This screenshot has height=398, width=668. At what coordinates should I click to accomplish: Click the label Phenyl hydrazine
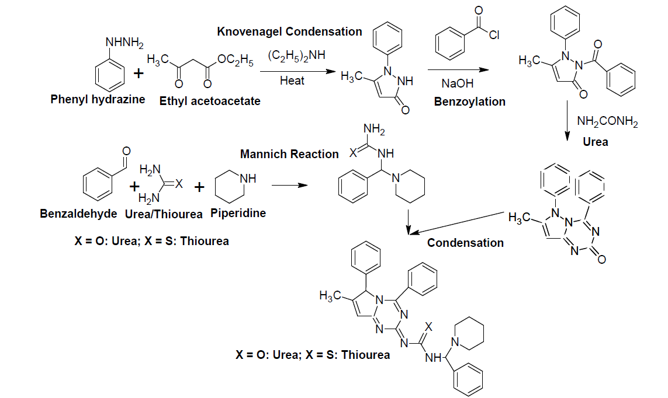pyautogui.click(x=97, y=99)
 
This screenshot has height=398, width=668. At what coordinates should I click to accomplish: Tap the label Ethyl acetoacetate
pyautogui.click(x=210, y=101)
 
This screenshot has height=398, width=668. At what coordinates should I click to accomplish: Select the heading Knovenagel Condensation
pyautogui.click(x=290, y=32)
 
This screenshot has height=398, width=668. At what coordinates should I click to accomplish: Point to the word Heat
pyautogui.click(x=292, y=81)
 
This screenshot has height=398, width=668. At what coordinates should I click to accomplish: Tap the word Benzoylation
pyautogui.click(x=470, y=102)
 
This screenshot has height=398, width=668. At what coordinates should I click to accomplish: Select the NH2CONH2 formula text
pyautogui.click(x=607, y=122)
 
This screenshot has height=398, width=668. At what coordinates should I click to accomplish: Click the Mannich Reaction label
pyautogui.click(x=289, y=154)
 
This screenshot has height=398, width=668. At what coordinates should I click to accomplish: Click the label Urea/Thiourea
pyautogui.click(x=164, y=214)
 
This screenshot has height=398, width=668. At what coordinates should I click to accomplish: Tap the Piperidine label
pyautogui.click(x=238, y=213)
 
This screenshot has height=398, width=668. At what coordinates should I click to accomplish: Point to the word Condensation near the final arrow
pyautogui.click(x=465, y=243)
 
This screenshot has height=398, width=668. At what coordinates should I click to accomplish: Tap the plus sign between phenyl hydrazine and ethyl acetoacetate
pyautogui.click(x=138, y=75)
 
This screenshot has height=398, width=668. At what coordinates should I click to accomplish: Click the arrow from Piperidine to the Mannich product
pyautogui.click(x=289, y=186)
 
